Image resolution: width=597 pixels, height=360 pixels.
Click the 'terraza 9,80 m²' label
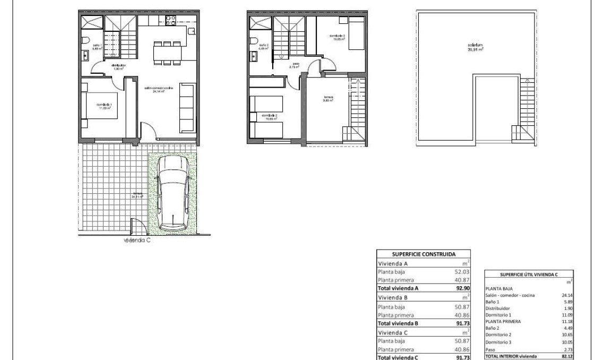click(328, 99)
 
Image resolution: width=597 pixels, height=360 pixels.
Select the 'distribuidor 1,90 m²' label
click(118, 67)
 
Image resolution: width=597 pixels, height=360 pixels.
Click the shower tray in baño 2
click(260, 24)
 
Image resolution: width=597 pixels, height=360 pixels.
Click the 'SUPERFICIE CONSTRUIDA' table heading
click(423, 254)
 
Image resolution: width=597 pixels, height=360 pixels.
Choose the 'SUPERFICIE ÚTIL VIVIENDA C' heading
click(529, 274)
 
